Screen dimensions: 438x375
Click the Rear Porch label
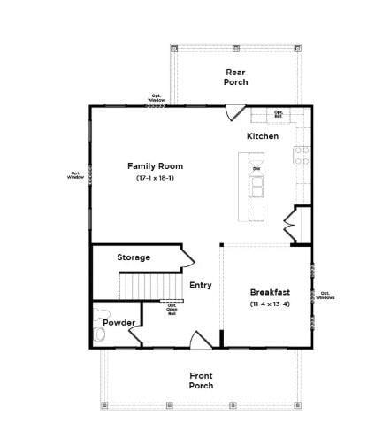pyautogui.click(x=235, y=77)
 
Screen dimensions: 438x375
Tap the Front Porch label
pyautogui.click(x=201, y=380)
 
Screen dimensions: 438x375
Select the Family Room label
pyautogui.click(x=155, y=165)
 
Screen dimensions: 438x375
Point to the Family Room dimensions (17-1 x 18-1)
pyautogui.click(x=155, y=179)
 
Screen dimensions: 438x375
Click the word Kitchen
pyautogui.click(x=262, y=136)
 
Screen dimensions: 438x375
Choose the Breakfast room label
pyautogui.click(x=270, y=292)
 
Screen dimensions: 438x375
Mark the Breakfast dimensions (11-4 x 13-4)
pyautogui.click(x=270, y=304)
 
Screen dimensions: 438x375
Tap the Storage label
pyautogui.click(x=134, y=257)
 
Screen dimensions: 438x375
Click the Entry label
pyautogui.click(x=201, y=285)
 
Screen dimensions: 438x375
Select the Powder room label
pyautogui.click(x=118, y=323)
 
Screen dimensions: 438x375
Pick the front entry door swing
pyautogui.click(x=201, y=340)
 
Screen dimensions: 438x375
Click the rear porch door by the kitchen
pyautogui.click(x=234, y=112)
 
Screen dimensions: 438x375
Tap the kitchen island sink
pyautogui.click(x=257, y=187)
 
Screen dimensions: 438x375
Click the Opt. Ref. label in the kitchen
pyautogui.click(x=278, y=113)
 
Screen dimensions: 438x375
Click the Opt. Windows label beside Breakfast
pyautogui.click(x=325, y=296)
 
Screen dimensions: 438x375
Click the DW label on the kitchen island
pyautogui.click(x=256, y=168)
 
